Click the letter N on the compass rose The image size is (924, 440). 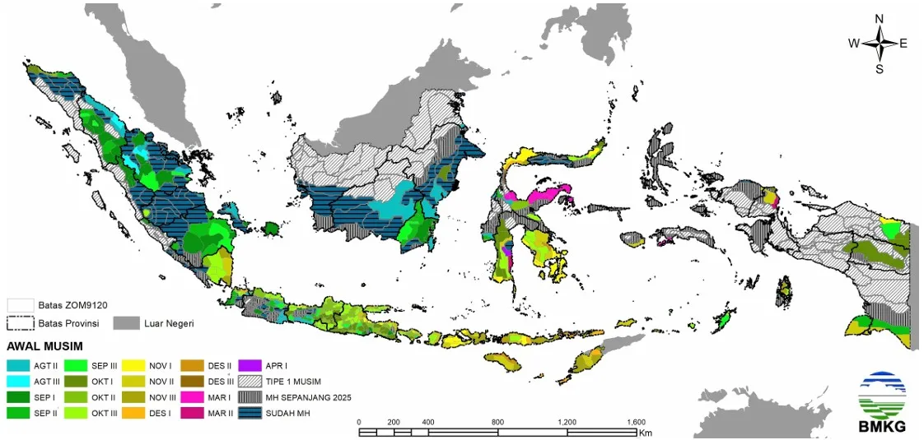click(x=879, y=18)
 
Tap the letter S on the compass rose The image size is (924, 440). click(x=879, y=69)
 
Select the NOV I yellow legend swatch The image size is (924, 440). click(x=134, y=364)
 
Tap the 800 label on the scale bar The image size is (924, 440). click(x=497, y=422)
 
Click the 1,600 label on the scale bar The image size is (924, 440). click(x=636, y=422)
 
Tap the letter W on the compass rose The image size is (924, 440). click(x=854, y=44)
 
